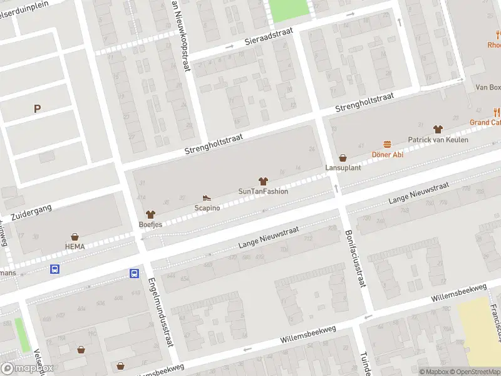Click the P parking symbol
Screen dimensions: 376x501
click(x=37, y=108)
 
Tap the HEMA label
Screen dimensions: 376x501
click(x=75, y=246)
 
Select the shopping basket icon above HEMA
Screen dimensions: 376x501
click(x=75, y=237)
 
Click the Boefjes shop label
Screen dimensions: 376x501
click(x=150, y=224)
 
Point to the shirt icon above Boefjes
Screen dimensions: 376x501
click(x=150, y=214)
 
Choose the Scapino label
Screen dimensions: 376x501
click(x=207, y=207)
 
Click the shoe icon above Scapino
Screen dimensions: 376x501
click(x=207, y=198)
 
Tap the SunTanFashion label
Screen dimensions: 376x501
click(x=263, y=191)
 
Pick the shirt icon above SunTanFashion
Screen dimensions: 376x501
click(x=263, y=181)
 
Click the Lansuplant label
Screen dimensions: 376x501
click(x=342, y=168)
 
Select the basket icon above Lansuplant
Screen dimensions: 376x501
click(x=343, y=158)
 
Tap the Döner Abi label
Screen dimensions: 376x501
click(x=387, y=154)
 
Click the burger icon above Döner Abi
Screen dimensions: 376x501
click(x=387, y=144)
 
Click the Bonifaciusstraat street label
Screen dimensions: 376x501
click(x=354, y=258)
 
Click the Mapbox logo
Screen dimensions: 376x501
click(x=27, y=368)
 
